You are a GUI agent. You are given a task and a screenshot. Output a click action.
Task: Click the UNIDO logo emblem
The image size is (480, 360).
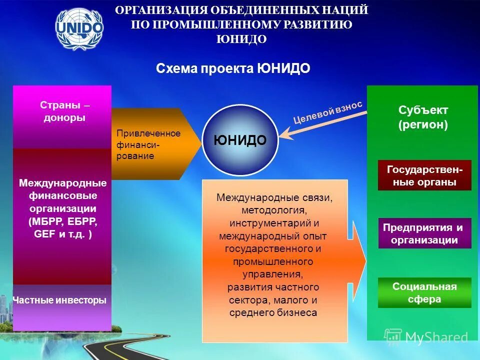[79, 28]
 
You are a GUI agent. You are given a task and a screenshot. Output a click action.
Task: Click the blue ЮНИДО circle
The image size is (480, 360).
[240, 140]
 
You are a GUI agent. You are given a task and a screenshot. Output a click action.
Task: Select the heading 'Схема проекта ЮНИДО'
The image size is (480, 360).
[233, 68]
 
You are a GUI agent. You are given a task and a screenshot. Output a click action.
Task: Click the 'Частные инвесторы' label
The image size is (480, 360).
[59, 300]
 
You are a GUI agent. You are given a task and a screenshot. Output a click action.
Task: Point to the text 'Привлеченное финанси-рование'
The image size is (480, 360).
[148, 144]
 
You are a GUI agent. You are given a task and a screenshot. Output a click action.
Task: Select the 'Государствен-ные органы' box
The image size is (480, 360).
[424, 175]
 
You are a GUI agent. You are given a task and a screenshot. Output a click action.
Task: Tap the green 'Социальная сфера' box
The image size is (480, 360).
[424, 293]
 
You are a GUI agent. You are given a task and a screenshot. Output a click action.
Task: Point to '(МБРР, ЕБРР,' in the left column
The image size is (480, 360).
[63, 221]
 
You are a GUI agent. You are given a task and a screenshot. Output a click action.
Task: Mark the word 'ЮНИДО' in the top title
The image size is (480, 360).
[241, 39]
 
